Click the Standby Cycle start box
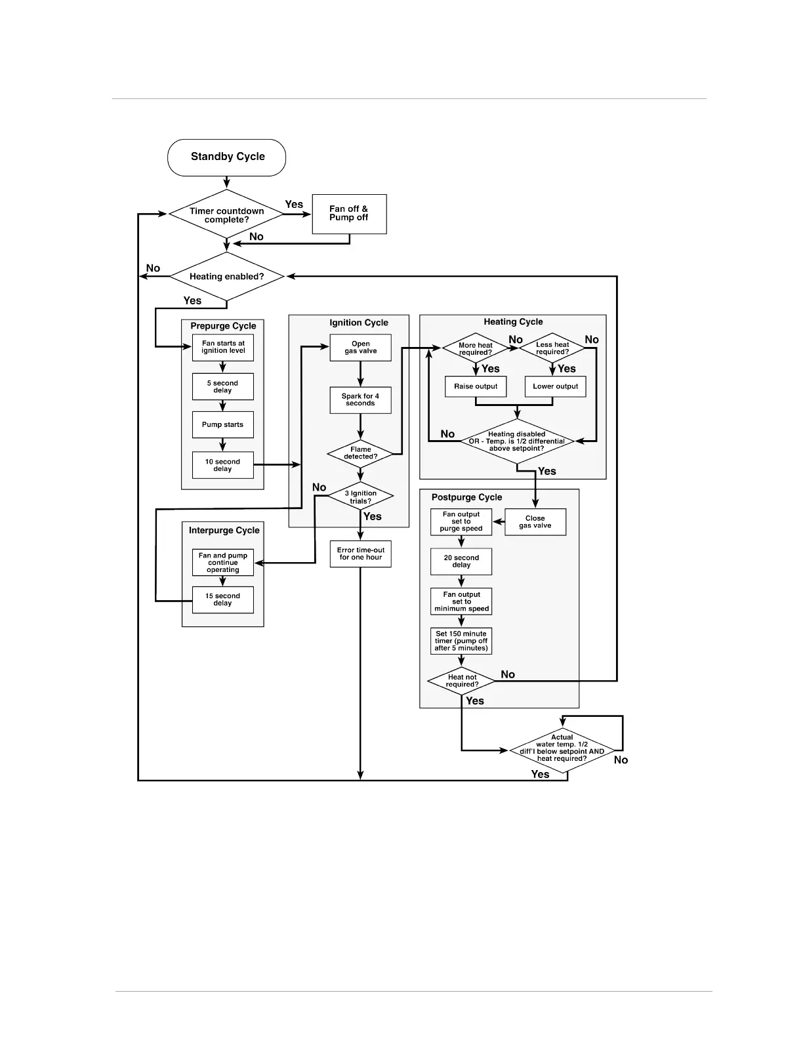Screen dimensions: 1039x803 [x=226, y=157]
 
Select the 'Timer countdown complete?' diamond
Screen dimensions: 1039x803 [x=226, y=214]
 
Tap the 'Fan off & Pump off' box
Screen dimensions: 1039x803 [x=349, y=214]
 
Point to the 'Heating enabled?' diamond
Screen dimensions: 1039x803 [x=226, y=277]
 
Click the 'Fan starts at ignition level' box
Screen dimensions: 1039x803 [x=223, y=347]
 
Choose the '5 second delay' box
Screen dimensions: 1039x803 [x=223, y=387]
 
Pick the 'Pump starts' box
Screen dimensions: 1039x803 [x=223, y=425]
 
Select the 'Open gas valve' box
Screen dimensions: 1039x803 [x=360, y=348]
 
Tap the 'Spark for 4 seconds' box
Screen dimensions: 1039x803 [x=360, y=400]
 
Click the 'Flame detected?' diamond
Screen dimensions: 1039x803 [x=360, y=453]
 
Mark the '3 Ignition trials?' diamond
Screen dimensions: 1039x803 [x=360, y=497]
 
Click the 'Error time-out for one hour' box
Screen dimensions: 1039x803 [x=360, y=554]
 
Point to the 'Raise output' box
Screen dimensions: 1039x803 [x=476, y=386]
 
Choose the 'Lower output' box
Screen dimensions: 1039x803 [x=555, y=386]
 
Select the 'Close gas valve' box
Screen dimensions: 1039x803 [x=535, y=522]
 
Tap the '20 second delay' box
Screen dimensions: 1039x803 [x=461, y=561]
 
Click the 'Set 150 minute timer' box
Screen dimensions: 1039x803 [x=461, y=641]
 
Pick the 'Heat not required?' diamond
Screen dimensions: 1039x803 [x=462, y=681]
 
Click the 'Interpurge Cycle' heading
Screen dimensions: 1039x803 [x=224, y=531]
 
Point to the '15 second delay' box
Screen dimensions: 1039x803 [x=223, y=600]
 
